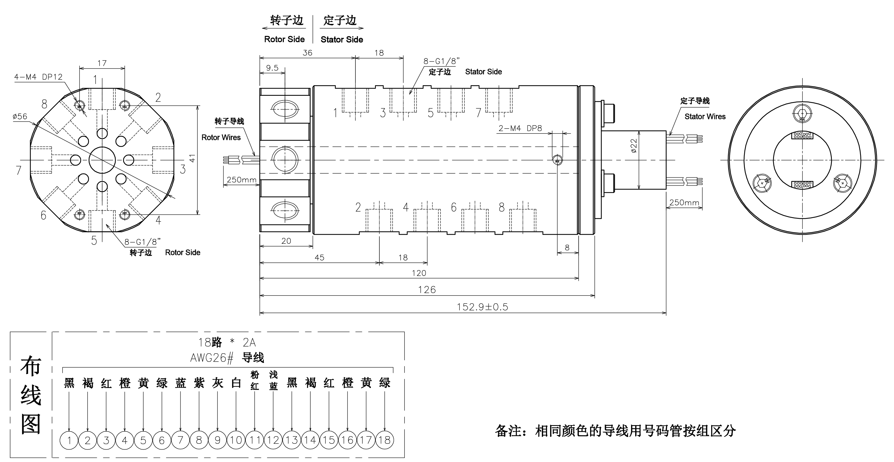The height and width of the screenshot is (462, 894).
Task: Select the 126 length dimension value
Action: click(426, 290)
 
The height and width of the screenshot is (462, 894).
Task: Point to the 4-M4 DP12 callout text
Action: click(38, 77)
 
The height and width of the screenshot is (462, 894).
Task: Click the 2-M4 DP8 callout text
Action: click(520, 128)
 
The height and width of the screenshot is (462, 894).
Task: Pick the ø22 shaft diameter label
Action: click(634, 146)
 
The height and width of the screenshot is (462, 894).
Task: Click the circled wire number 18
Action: click(385, 440)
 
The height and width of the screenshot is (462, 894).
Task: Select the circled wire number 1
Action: click(69, 441)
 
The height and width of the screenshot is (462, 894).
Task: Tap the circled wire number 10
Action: click(236, 440)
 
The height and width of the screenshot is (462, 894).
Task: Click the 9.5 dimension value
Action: click(272, 68)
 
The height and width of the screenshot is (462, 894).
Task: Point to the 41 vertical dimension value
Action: click(192, 158)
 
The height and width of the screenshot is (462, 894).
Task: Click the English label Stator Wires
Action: click(705, 117)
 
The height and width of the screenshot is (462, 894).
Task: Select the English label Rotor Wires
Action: click(221, 137)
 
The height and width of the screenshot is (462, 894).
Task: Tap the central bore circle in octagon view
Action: click(102, 160)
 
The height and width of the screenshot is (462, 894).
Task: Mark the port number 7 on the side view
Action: click(478, 113)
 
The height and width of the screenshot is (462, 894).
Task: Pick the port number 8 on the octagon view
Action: click(44, 104)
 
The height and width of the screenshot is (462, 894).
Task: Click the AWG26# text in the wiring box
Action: click(212, 358)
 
